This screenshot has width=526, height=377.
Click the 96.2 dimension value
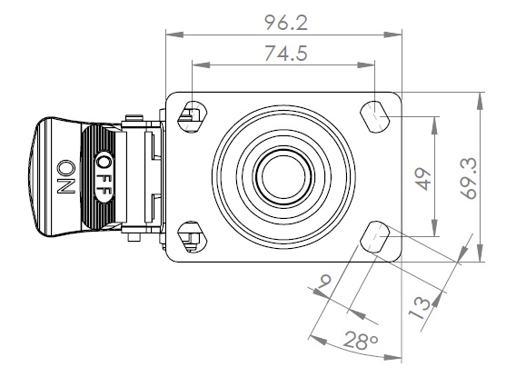click(x=286, y=23)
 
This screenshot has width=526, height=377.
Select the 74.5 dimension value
click(x=286, y=54)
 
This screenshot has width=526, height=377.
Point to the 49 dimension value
click(x=423, y=180)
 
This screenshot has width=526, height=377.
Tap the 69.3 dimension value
click(x=469, y=178)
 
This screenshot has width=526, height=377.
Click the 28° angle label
click(x=361, y=341)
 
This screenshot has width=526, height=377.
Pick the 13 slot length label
click(x=420, y=308)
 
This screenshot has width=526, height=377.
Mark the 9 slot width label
click(x=325, y=281)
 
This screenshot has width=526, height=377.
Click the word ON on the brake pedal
click(x=66, y=177)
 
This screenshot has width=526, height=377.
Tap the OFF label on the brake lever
click(x=104, y=177)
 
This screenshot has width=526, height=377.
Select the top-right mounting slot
click(x=374, y=116)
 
